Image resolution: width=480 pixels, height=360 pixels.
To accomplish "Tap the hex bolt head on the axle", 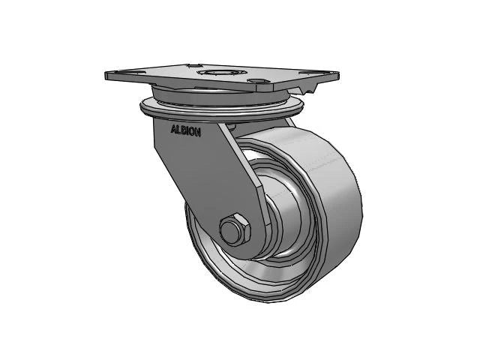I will coord(233,230).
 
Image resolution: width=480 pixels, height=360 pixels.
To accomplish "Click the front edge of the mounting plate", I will coord(217,88).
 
